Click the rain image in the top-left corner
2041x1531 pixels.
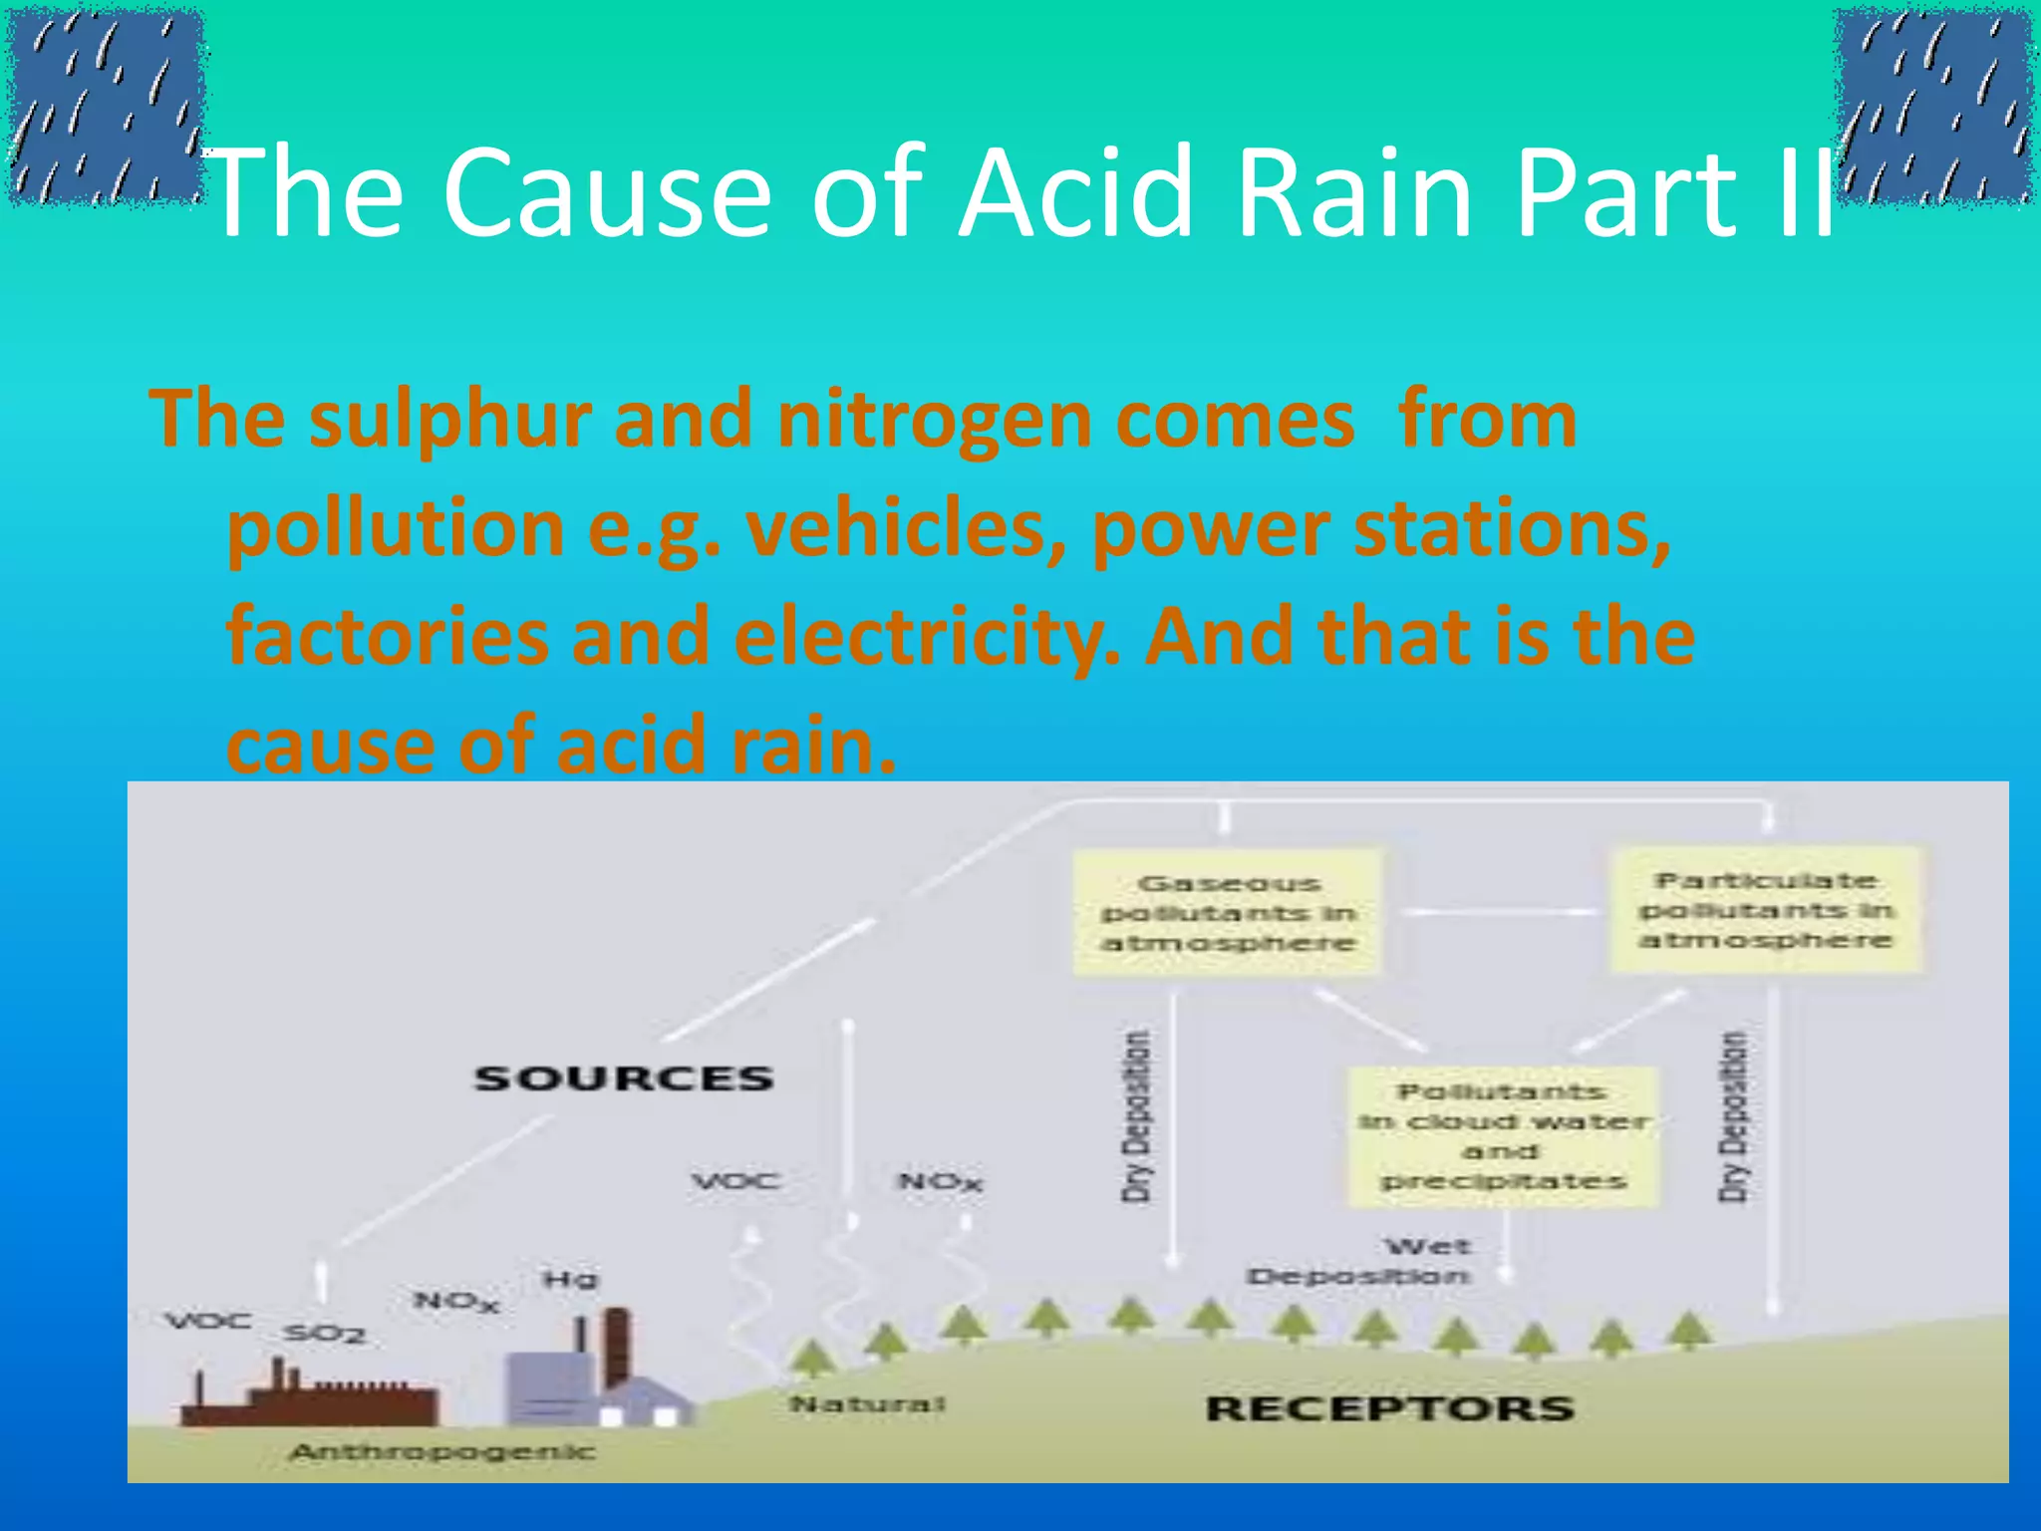click(x=106, y=106)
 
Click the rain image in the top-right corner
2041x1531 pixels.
click(x=1933, y=106)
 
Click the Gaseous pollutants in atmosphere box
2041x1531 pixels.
click(x=1228, y=912)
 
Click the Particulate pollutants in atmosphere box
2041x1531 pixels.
click(x=1766, y=909)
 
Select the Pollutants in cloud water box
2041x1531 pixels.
click(x=1503, y=1136)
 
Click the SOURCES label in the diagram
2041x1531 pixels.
click(x=624, y=1078)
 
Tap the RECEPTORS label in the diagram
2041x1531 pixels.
click(x=1389, y=1408)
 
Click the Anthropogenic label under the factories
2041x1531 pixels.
click(x=442, y=1452)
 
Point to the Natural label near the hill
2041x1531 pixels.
click(x=867, y=1404)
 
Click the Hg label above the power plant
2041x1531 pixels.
click(x=570, y=1279)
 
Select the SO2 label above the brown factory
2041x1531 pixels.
click(x=325, y=1334)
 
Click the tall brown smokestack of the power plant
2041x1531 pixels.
click(x=617, y=1346)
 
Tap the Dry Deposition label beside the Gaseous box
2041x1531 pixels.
click(x=1136, y=1116)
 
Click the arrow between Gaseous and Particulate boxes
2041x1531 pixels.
click(x=1495, y=912)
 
